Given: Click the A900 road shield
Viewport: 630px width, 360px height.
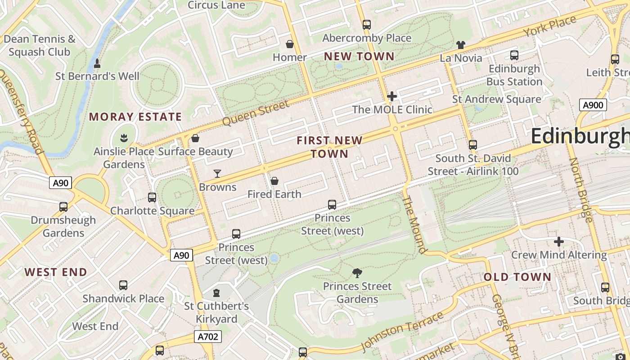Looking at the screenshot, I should [x=593, y=105].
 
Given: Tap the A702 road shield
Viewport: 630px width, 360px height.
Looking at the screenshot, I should [x=208, y=336].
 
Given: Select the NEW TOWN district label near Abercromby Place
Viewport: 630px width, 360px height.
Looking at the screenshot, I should [x=359, y=57].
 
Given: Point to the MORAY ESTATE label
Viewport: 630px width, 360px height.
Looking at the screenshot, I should [x=135, y=117].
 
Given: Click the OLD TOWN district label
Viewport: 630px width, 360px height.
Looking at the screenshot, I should [x=517, y=277].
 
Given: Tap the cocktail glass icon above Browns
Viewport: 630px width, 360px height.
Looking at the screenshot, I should [x=217, y=174].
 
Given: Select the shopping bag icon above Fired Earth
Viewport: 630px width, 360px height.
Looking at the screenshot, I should [x=274, y=181].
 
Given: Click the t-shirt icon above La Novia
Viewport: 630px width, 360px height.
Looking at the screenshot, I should [x=460, y=45].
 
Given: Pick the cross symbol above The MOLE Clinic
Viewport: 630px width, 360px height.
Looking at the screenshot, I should [x=392, y=96].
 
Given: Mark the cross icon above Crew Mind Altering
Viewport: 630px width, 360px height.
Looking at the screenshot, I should [x=559, y=242].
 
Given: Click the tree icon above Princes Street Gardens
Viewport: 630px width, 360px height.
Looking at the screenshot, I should [x=357, y=273].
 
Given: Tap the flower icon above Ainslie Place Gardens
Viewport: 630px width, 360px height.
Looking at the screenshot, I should [x=124, y=138].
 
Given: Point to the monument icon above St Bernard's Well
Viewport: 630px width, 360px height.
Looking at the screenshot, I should [x=97, y=63].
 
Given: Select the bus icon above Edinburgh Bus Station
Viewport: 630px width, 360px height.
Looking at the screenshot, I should [x=514, y=55].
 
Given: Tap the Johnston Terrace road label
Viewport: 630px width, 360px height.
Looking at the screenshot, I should [x=402, y=332].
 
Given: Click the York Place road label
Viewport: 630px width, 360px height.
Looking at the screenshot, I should [x=549, y=27].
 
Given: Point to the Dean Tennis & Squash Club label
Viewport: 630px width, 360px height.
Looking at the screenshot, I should [x=40, y=45].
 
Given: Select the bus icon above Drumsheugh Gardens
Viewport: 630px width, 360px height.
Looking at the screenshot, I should [x=63, y=207].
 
